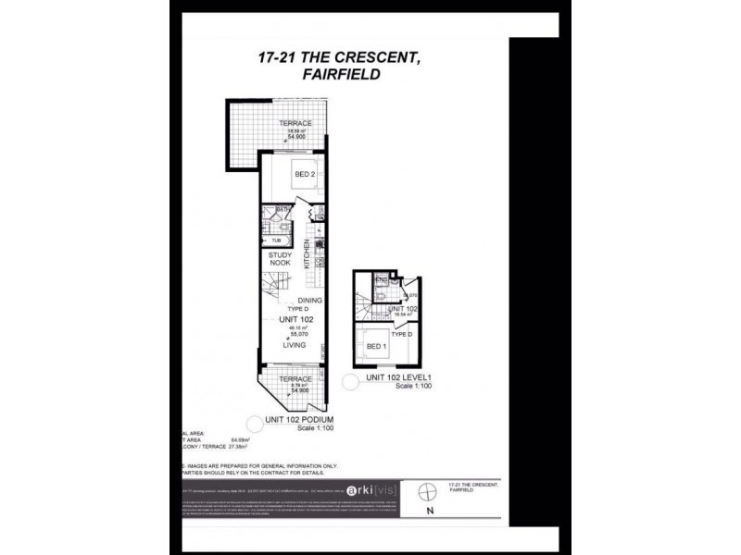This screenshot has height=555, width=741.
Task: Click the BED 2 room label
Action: click(x=306, y=174)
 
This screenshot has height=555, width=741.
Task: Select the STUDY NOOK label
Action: click(x=280, y=259)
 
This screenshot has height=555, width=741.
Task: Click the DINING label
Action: click(x=309, y=301)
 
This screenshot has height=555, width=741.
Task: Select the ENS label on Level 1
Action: click(x=380, y=278)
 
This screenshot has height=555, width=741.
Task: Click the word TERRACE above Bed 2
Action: click(x=296, y=124)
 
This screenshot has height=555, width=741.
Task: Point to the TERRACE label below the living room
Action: click(x=295, y=379)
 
